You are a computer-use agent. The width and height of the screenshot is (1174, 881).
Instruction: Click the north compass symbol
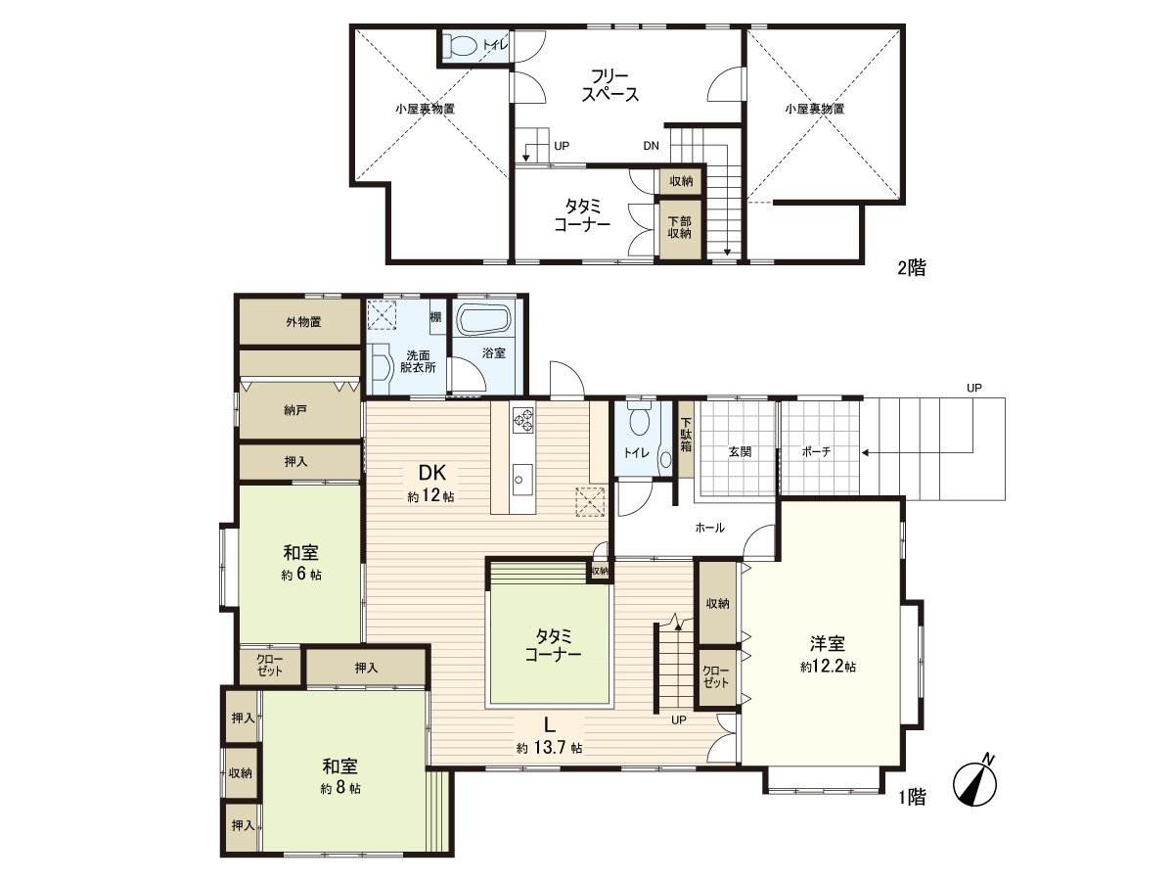(x=975, y=781)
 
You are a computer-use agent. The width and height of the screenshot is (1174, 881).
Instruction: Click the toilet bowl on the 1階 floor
(x=638, y=422)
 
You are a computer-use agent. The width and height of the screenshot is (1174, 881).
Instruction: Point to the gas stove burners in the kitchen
(x=523, y=420)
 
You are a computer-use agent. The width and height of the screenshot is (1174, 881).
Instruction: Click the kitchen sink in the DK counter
(x=522, y=480)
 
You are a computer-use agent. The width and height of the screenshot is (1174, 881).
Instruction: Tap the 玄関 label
(x=740, y=452)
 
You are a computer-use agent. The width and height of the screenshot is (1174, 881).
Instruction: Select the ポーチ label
(x=817, y=452)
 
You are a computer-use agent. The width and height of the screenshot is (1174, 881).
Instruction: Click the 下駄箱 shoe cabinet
(x=686, y=439)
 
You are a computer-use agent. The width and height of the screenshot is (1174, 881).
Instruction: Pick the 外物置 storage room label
(x=303, y=322)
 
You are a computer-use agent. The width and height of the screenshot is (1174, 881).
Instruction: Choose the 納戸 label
(x=295, y=410)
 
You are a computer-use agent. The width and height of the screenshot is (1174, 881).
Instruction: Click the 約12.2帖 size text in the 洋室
(x=828, y=667)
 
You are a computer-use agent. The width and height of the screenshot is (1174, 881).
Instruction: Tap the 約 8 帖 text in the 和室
(x=340, y=789)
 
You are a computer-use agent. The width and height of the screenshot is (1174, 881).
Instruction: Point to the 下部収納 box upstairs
(x=679, y=228)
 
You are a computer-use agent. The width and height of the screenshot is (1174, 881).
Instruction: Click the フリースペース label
(x=610, y=85)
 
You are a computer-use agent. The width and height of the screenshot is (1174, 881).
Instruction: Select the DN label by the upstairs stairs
(x=651, y=146)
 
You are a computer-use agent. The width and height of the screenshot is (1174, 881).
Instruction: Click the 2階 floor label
(x=912, y=267)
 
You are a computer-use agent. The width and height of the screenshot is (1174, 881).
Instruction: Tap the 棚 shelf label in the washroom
(x=436, y=317)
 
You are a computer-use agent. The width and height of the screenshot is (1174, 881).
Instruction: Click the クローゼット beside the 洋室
(x=715, y=676)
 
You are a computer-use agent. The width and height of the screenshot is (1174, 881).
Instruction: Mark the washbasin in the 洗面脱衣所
(x=381, y=368)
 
